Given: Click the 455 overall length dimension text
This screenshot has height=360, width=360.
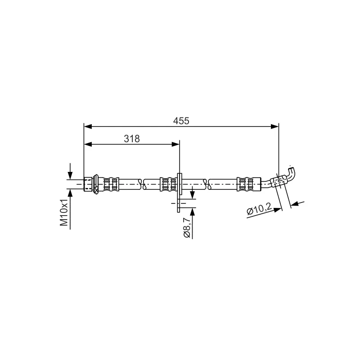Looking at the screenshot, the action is [x=181, y=121].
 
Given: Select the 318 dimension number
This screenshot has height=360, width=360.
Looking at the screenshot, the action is [x=132, y=139].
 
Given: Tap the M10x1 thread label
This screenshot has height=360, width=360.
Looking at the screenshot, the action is [x=64, y=212].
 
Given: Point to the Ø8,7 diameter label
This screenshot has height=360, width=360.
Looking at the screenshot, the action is [x=187, y=228].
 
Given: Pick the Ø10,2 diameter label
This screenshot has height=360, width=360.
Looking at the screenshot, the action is [x=259, y=209].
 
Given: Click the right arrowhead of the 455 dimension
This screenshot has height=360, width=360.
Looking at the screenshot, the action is [x=275, y=126].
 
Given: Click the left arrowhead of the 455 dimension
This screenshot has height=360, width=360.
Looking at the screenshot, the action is [x=88, y=126].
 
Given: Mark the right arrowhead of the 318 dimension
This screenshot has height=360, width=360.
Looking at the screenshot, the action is [x=175, y=144].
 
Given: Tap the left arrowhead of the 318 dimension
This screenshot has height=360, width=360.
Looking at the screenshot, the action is [x=88, y=144].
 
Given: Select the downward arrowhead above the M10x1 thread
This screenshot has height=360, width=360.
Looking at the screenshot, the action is [x=70, y=176].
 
